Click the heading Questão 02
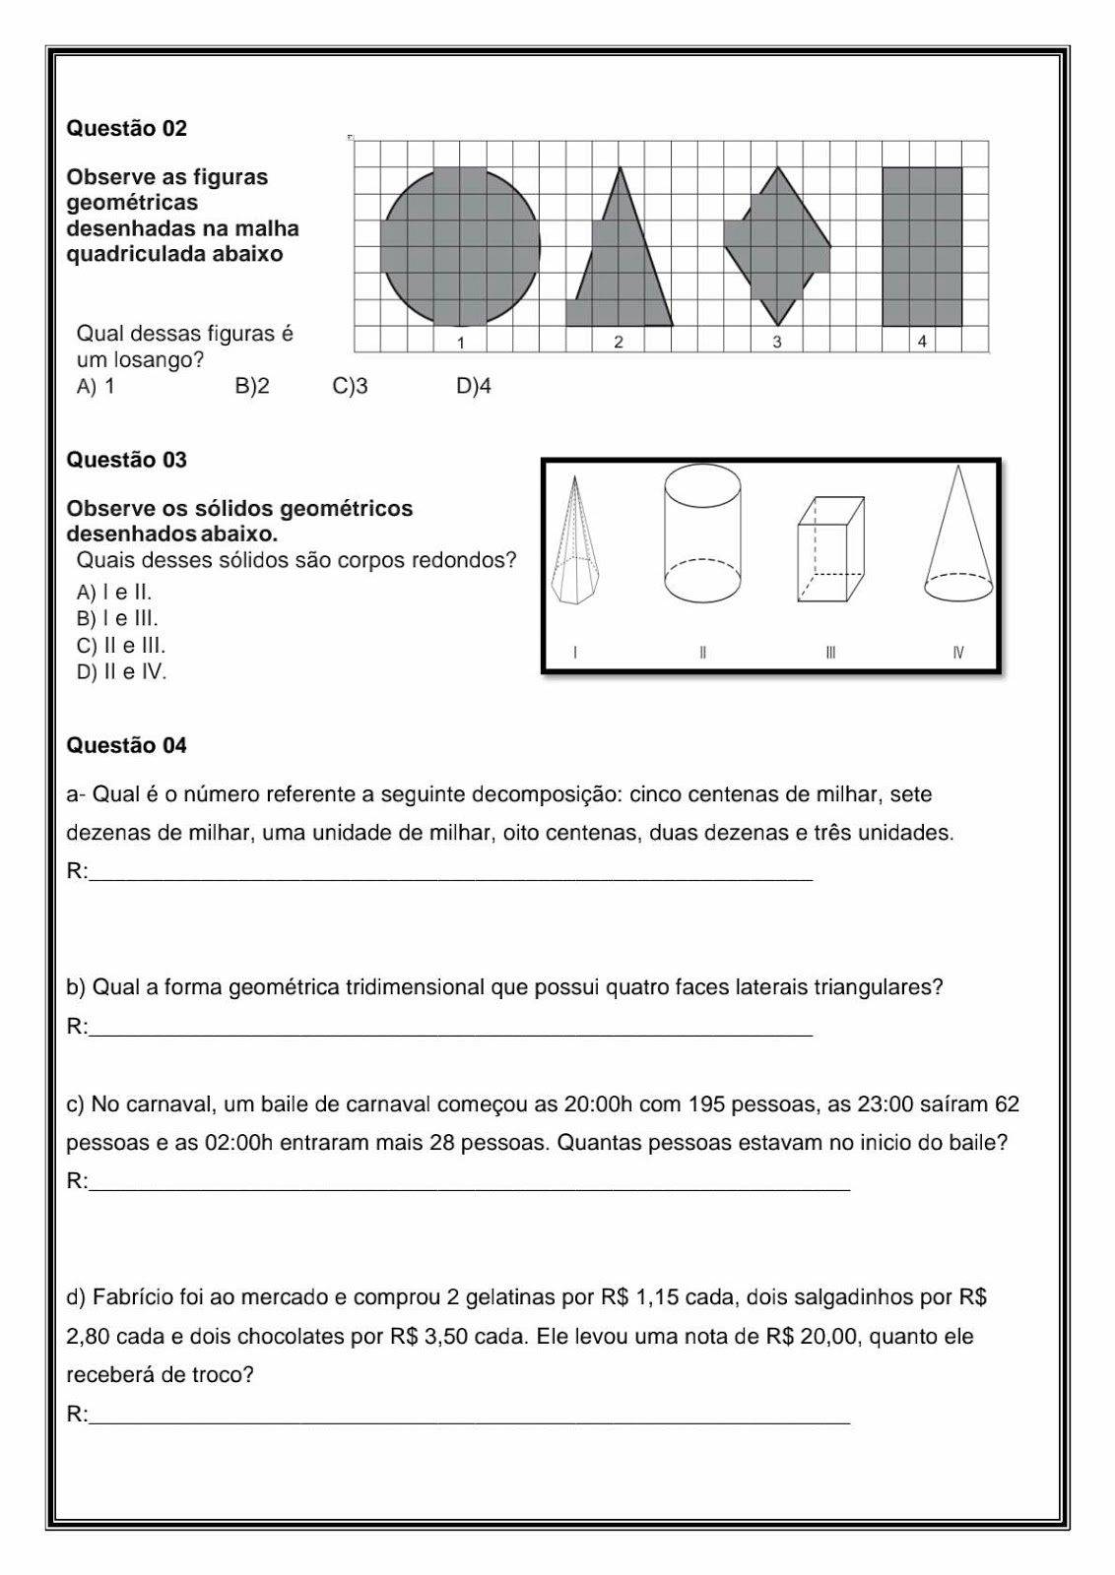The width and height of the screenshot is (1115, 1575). click(x=126, y=128)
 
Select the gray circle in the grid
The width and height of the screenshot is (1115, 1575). click(x=461, y=246)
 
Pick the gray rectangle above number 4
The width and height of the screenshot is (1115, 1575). click(x=922, y=246)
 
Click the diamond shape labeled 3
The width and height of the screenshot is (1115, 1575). click(x=778, y=246)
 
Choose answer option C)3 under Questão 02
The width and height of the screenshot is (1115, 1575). click(x=351, y=387)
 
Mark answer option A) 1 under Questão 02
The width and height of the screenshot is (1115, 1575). click(x=96, y=387)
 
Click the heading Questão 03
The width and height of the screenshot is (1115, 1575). click(x=126, y=460)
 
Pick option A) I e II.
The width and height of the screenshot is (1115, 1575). click(x=114, y=593)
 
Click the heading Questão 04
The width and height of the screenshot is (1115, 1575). click(x=126, y=745)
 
